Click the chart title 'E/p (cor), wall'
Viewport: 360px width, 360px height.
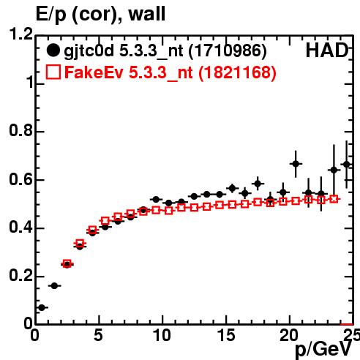[101, 14]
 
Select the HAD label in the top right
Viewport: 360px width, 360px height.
[327, 50]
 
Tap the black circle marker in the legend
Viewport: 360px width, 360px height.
[53, 50]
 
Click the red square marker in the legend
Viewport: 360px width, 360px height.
[53, 72]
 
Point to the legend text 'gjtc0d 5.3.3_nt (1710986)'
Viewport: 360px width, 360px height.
[165, 51]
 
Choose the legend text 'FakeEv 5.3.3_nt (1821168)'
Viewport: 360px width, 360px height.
[170, 72]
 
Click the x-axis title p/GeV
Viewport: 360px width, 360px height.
[323, 349]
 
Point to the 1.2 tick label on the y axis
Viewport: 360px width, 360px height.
[21, 34]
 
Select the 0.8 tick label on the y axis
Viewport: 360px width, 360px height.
[21, 130]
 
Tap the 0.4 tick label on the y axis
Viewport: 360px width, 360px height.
[21, 227]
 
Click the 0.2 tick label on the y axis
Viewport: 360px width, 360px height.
[21, 275]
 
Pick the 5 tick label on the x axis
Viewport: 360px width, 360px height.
[98, 335]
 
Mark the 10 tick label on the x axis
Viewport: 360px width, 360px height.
[162, 335]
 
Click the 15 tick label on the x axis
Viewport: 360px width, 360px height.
[226, 335]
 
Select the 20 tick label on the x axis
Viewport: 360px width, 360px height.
[290, 335]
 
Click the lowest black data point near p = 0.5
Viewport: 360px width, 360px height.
[42, 308]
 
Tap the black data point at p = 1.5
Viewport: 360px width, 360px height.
[54, 285]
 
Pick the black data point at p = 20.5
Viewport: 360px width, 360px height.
[296, 164]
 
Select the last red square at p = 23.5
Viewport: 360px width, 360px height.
[334, 199]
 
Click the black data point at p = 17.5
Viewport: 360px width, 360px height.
[258, 184]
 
